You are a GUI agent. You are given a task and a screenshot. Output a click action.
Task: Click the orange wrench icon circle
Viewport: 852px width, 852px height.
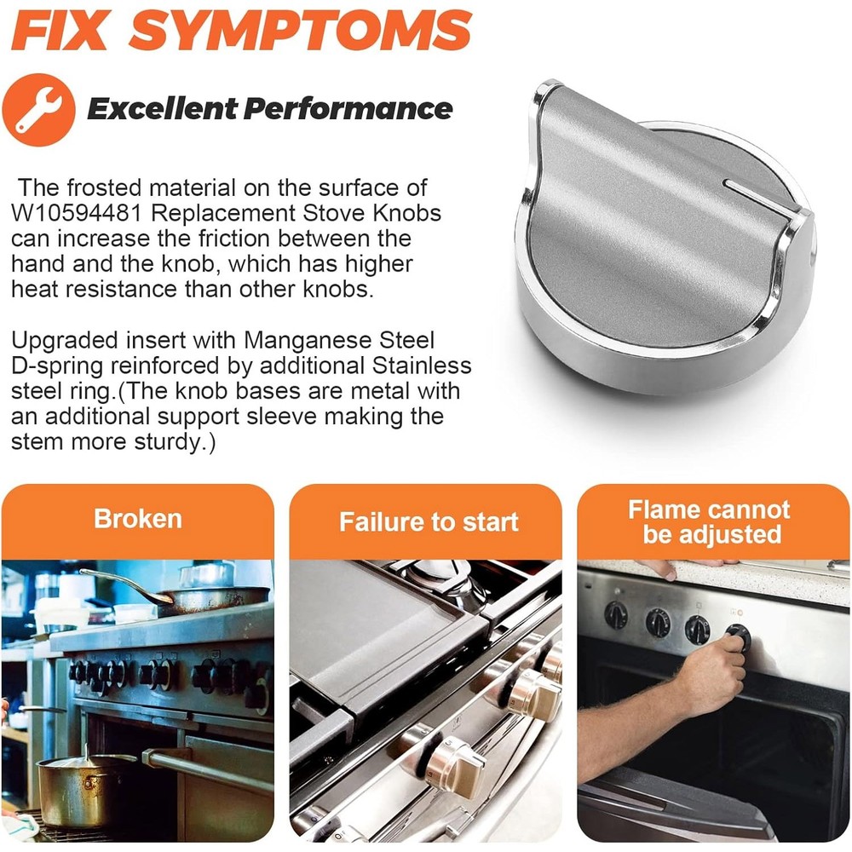tap(38, 110)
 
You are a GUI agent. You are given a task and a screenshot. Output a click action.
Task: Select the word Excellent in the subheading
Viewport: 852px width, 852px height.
tap(163, 109)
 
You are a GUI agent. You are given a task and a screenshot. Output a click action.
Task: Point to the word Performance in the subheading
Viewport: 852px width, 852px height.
tap(348, 109)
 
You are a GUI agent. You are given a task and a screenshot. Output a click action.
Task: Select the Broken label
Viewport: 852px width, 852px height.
tap(137, 518)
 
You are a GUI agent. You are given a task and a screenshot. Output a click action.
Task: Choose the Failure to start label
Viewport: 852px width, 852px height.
tap(429, 521)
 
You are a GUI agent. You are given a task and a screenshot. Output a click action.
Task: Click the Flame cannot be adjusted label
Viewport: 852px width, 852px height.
tap(709, 521)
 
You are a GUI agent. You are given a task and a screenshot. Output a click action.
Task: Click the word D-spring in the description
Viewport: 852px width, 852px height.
tap(57, 366)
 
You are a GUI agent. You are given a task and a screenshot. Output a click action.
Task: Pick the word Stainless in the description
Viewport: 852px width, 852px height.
tap(422, 366)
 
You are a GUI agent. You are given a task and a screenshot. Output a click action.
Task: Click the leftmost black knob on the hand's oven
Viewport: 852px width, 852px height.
tap(616, 616)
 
